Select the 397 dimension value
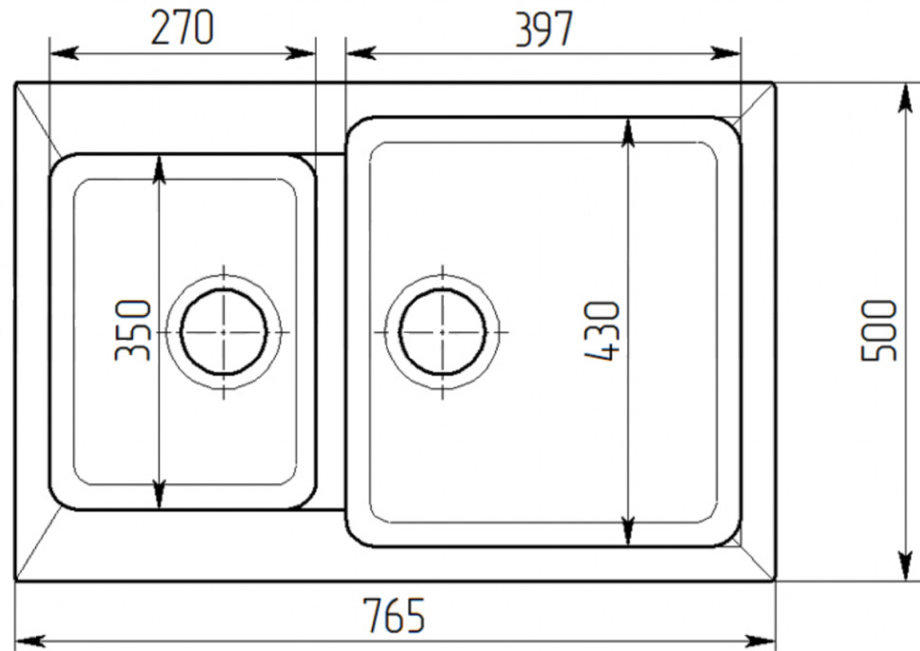(x=543, y=28)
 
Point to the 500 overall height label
(x=878, y=330)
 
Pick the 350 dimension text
(x=133, y=330)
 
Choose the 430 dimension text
(x=602, y=330)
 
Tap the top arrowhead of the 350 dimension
(x=159, y=168)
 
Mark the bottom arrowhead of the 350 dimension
(x=159, y=494)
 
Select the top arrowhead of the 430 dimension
(x=627, y=133)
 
